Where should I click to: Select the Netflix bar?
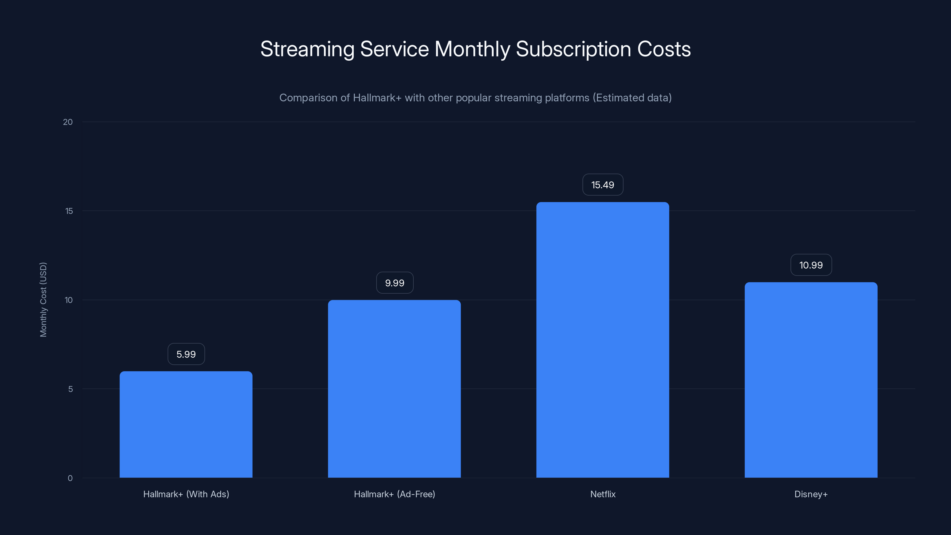pos(602,340)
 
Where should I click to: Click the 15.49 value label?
pos(602,185)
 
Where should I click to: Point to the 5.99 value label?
pos(186,354)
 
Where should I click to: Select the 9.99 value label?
pos(394,283)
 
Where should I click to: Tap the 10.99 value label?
pos(811,265)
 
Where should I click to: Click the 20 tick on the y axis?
pos(68,122)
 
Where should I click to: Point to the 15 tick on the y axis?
pos(69,211)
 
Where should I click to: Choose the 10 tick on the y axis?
pos(69,300)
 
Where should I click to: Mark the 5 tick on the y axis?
pos(70,389)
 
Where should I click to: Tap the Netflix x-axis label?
pos(602,494)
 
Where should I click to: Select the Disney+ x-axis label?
pos(811,494)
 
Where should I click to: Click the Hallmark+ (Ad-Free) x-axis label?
pos(394,494)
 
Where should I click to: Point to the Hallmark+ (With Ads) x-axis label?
pos(186,494)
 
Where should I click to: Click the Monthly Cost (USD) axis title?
pos(43,299)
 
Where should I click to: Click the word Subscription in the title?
pos(573,49)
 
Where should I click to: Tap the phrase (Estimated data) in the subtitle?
pos(632,98)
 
